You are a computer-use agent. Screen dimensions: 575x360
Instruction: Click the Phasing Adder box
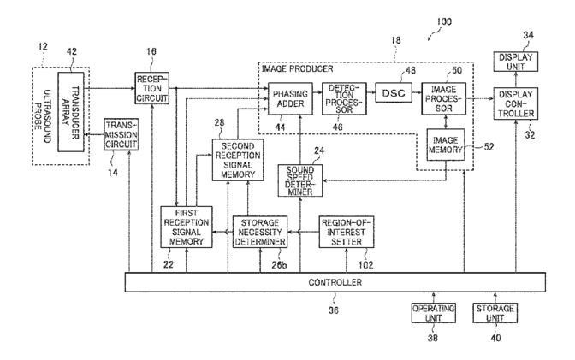click(290, 98)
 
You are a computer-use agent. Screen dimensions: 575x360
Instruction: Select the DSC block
click(394, 92)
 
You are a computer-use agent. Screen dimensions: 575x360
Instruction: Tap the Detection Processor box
click(344, 98)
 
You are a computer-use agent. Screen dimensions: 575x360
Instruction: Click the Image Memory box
click(446, 145)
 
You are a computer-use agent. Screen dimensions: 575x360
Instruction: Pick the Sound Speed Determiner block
click(300, 180)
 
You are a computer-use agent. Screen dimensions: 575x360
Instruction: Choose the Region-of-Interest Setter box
click(347, 232)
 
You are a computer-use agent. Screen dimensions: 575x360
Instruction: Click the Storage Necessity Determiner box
click(260, 232)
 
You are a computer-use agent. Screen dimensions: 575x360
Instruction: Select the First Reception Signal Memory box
click(187, 227)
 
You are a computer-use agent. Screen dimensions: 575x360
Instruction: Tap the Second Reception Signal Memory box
click(238, 160)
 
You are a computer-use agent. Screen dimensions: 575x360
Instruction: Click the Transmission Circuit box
click(121, 134)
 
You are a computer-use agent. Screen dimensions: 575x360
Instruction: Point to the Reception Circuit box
click(151, 88)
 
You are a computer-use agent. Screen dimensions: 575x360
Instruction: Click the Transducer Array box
click(71, 112)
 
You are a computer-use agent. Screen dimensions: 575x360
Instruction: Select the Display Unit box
click(516, 62)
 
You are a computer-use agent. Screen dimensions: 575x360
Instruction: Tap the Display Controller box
click(516, 103)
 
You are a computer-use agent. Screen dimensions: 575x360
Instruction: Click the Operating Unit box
click(434, 313)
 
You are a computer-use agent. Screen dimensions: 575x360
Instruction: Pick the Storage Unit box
click(495, 313)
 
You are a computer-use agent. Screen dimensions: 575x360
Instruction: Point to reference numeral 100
click(444, 21)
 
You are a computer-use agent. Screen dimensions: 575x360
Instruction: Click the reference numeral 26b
click(279, 265)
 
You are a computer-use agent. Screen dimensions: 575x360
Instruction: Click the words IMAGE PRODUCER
click(298, 69)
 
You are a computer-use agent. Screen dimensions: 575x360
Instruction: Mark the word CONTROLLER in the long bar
click(335, 282)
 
